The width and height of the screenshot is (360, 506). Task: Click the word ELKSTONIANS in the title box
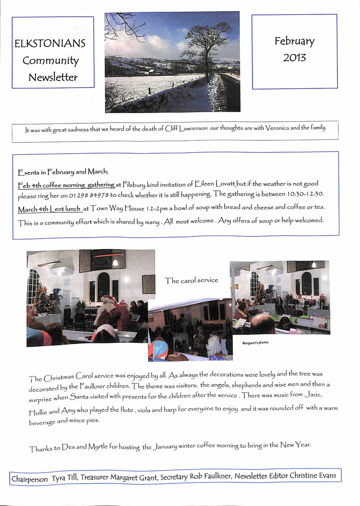coord(50,44)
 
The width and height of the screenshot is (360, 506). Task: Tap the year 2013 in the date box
coord(294,57)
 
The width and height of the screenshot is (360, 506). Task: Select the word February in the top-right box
coord(294,41)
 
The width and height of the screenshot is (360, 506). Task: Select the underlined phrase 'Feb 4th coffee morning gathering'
coord(66,184)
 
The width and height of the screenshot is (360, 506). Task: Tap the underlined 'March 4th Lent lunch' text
coord(50,209)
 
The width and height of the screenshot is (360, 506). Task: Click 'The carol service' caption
coord(191,280)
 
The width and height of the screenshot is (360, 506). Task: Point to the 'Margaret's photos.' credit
coord(256,342)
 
